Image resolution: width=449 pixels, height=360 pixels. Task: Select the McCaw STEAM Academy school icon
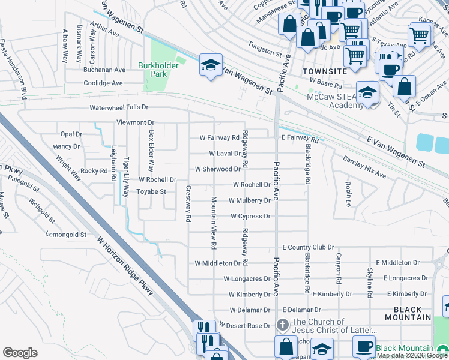point(367,92)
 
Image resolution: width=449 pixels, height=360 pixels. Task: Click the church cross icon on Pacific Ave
point(283,325)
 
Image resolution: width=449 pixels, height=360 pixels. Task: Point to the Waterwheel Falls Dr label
point(118,107)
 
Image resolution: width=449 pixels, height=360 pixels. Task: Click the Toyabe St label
point(152,192)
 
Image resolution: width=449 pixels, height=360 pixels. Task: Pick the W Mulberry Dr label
point(249,200)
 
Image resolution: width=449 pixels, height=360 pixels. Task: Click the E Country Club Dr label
point(308,247)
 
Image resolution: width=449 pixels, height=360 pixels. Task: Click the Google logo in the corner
point(20,353)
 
